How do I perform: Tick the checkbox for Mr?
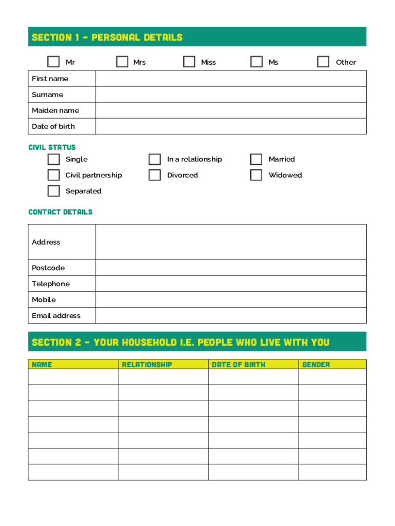53,62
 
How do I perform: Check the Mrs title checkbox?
122,62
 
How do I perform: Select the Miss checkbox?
189,62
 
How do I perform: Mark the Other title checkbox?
323,62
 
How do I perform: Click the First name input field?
231,79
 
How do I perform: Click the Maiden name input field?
231,110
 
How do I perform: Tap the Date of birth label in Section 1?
53,126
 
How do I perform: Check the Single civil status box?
53,159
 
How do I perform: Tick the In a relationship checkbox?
154,159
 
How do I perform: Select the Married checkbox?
256,159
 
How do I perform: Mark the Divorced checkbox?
154,175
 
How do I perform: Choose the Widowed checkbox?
256,175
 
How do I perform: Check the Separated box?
53,191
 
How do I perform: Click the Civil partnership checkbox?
53,175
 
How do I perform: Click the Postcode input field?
231,268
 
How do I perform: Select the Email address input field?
231,315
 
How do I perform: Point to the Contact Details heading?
61,212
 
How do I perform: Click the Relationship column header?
147,365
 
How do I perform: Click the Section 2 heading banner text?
181,342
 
